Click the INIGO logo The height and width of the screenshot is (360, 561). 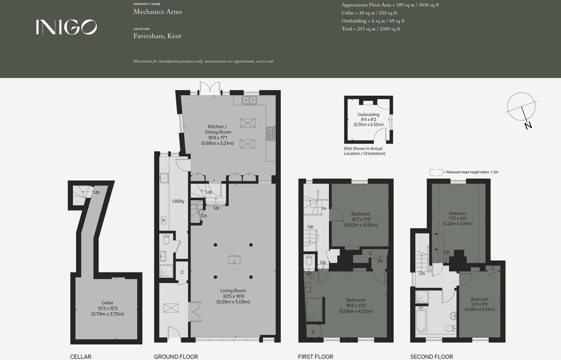click(x=66, y=27)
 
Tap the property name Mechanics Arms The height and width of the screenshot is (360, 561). click(x=157, y=12)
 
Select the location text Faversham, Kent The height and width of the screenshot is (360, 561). click(x=157, y=36)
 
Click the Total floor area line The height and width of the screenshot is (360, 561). click(x=371, y=29)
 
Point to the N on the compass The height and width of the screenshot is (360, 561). click(x=528, y=125)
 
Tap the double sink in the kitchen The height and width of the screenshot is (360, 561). click(x=249, y=100)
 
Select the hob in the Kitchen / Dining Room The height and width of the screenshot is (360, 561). click(x=271, y=134)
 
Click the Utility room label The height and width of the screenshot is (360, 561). click(x=178, y=201)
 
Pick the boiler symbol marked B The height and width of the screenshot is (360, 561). click(x=163, y=220)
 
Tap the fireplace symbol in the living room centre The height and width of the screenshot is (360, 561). click(x=234, y=260)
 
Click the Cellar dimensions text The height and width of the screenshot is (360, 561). click(x=107, y=311)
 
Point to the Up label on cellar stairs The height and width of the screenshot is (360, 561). click(x=96, y=192)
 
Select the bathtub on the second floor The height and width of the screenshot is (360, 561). click(x=421, y=320)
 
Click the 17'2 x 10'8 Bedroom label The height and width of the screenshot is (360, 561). click(x=458, y=219)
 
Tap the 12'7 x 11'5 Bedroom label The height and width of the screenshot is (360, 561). click(x=361, y=219)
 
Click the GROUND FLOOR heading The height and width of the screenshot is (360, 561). click(x=176, y=357)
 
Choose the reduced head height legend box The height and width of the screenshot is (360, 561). click(x=436, y=172)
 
